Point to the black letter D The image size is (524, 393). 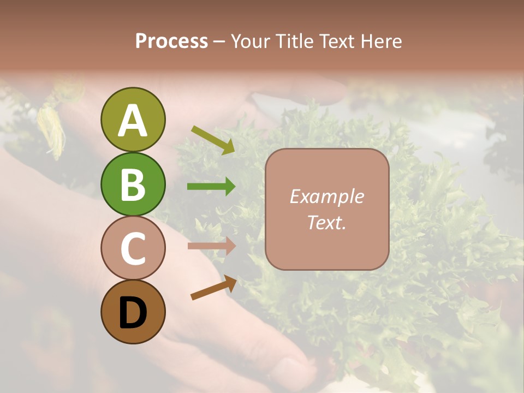133,313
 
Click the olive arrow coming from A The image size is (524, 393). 213,139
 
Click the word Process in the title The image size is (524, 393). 171,41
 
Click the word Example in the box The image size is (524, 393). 326,196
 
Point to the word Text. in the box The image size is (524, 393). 326,223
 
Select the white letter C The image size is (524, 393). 133,249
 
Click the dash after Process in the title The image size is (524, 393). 219,42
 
